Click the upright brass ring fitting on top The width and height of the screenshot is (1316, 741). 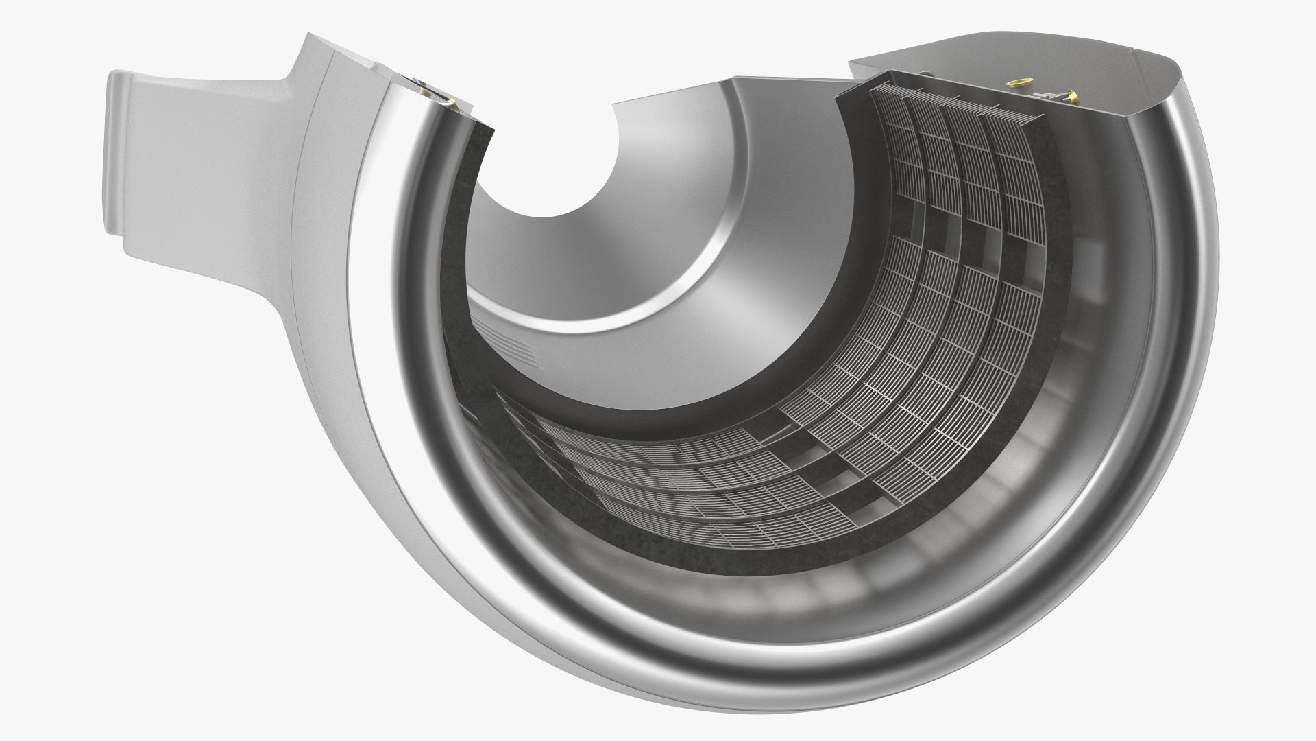click(x=1016, y=83)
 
